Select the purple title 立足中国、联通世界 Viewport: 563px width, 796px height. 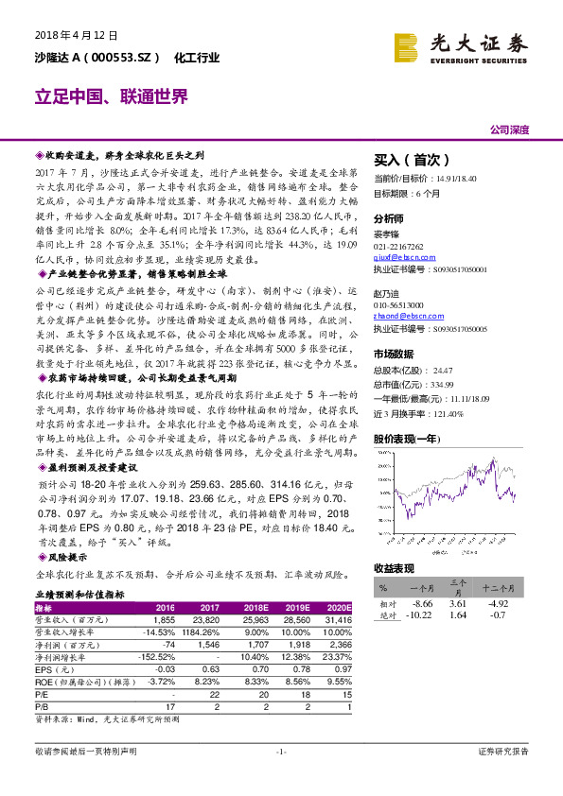pyautogui.click(x=112, y=97)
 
